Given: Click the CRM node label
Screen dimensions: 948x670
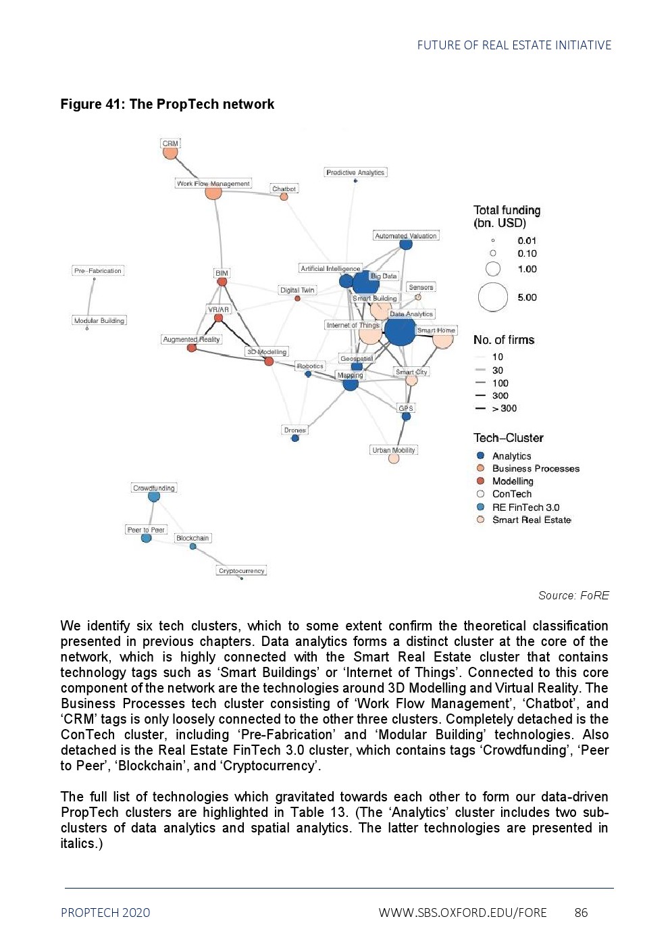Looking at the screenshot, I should (170, 143).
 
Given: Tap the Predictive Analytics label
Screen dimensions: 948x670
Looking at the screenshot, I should (355, 172).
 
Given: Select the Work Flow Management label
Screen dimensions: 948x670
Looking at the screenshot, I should (213, 183).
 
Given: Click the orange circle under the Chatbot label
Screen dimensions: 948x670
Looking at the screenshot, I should (284, 197).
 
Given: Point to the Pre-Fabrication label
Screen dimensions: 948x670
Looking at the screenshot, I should (98, 270).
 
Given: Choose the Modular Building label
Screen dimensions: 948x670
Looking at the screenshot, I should (99, 320).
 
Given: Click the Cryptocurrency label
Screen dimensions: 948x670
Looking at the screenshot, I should (241, 570).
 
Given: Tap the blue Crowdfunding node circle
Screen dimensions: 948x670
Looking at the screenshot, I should (154, 497).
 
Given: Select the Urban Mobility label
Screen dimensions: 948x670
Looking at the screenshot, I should (394, 450).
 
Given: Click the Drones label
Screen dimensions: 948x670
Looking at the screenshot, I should (294, 430).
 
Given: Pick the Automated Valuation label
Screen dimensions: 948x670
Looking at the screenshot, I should (406, 236).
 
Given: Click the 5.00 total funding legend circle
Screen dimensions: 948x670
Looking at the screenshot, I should (493, 297).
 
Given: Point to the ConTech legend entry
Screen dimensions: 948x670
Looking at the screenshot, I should (511, 494).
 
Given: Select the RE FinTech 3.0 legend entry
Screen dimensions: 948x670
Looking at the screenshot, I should (525, 507).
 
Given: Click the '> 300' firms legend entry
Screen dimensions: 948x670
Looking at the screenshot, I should (504, 408).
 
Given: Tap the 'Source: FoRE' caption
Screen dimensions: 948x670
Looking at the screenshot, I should (573, 595).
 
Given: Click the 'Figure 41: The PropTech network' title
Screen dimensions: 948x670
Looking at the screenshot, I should (167, 104).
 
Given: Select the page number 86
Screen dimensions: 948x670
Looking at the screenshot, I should (581, 912).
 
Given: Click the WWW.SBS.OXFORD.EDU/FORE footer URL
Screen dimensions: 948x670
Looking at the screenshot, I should (463, 912).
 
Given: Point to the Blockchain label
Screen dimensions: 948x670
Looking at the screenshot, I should (192, 538).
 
